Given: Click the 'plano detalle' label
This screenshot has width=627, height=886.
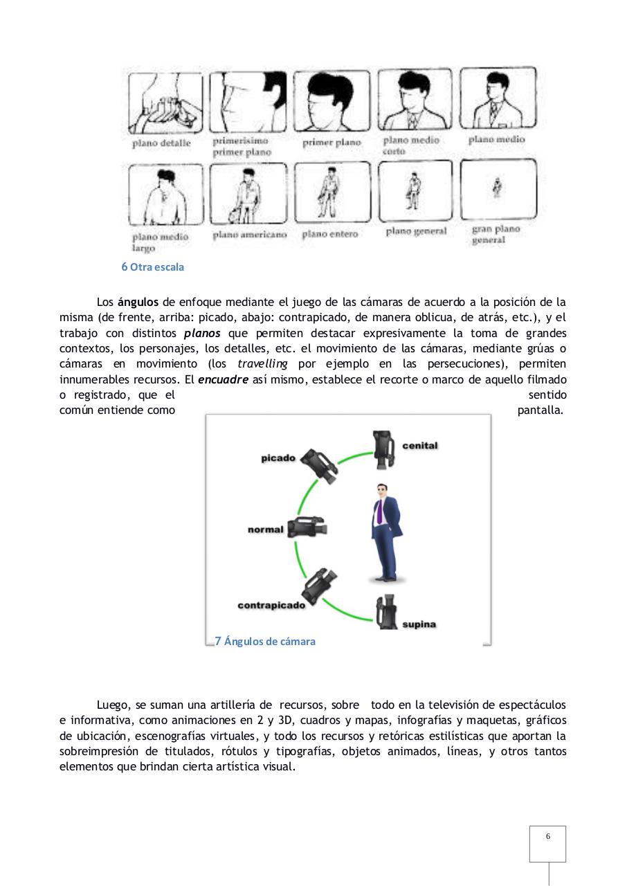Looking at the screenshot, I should click(161, 143).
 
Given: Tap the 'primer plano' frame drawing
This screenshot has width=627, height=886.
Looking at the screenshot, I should click(331, 101).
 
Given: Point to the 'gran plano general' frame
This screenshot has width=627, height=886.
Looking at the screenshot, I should click(498, 189).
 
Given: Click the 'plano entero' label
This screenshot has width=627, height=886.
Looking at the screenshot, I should click(329, 234).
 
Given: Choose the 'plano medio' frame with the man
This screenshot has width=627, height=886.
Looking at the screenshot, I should click(498, 98).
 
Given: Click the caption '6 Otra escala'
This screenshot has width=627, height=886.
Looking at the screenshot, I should click(152, 266).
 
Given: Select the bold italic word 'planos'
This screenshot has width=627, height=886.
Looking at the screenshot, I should click(202, 333).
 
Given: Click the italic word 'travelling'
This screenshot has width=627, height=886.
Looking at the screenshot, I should click(262, 364).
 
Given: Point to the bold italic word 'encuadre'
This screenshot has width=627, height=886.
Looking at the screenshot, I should click(223, 380).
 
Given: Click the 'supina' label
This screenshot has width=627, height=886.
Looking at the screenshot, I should click(419, 624).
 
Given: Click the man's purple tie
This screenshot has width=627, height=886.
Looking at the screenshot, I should click(379, 512).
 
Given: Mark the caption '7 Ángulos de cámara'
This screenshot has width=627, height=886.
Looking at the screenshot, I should click(264, 641).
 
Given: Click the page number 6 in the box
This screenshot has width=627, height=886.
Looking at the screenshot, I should click(547, 837).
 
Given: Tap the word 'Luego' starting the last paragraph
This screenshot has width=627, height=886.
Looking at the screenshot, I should click(111, 705).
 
